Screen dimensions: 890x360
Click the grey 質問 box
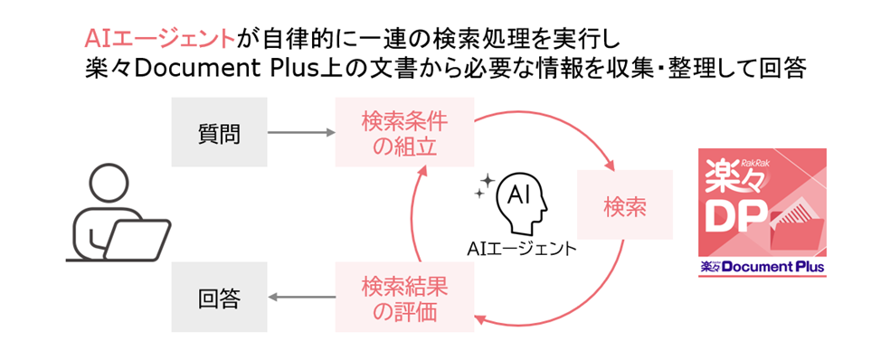[219, 132]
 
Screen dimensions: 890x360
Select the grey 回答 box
[219, 297]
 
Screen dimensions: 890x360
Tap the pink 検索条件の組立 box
[404, 132]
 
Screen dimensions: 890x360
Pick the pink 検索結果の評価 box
[404, 297]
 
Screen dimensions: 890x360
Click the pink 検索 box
[624, 204]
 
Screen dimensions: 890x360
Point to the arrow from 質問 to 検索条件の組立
[301, 133]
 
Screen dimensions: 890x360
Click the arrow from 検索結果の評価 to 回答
[301, 297]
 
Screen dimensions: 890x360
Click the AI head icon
[521, 204]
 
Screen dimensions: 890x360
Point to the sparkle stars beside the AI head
[484, 186]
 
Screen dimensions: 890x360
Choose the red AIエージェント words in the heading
[159, 39]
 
